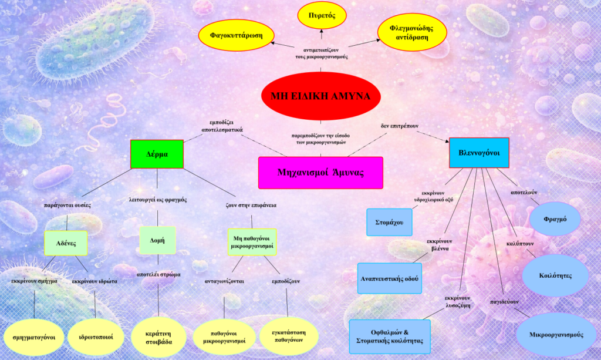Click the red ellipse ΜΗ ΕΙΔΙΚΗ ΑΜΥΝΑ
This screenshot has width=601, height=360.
[320, 96]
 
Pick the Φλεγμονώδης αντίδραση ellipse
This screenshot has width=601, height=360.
[410, 32]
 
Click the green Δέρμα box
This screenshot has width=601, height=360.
[157, 154]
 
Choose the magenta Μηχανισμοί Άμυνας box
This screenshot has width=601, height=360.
[320, 173]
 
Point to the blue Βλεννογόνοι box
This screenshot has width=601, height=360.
[478, 153]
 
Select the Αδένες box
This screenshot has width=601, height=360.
[66, 243]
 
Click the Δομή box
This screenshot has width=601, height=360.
[157, 240]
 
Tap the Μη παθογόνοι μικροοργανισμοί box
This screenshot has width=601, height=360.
[251, 242]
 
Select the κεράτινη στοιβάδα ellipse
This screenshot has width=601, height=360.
[159, 337]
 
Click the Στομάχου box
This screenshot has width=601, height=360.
[389, 222]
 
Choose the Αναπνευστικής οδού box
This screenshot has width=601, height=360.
[390, 278]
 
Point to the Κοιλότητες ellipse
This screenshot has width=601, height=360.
[555, 275]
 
